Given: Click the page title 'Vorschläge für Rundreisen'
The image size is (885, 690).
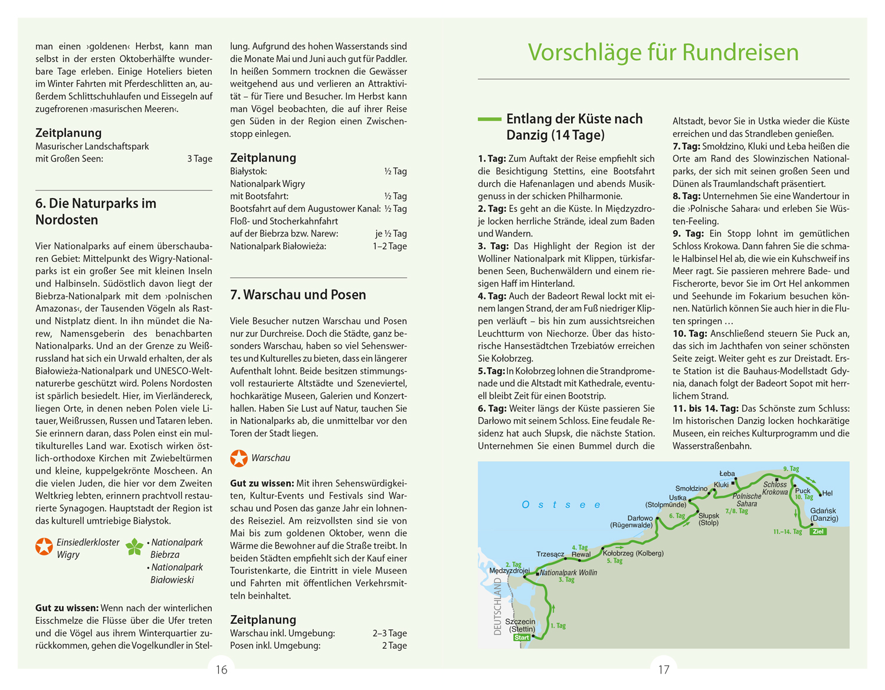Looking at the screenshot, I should click(x=663, y=52).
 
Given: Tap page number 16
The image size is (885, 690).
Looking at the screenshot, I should click(x=221, y=670).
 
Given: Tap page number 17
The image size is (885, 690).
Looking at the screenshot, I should click(x=664, y=670).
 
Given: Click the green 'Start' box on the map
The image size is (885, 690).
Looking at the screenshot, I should click(x=522, y=638).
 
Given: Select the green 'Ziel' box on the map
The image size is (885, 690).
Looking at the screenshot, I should click(x=818, y=531).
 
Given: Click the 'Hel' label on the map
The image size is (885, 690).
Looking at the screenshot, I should click(x=827, y=493).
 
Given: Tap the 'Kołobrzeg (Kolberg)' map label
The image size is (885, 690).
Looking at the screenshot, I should click(x=633, y=553).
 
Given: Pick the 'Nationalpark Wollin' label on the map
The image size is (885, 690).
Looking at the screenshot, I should click(x=569, y=573).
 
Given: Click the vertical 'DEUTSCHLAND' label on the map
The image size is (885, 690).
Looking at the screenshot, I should click(x=497, y=606).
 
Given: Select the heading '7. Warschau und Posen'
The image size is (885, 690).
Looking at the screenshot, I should click(x=298, y=295).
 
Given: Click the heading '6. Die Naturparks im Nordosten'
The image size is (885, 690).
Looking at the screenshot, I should click(x=96, y=212).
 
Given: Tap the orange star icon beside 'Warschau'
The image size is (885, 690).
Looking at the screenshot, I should click(x=239, y=458).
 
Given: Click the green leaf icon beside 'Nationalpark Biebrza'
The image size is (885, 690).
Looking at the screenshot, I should click(x=135, y=547).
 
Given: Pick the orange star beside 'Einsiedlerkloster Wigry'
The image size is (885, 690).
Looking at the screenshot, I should click(x=44, y=547).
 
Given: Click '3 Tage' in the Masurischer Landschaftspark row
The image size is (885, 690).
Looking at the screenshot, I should click(x=199, y=159).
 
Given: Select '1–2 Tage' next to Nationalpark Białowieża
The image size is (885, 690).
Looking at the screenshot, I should click(x=389, y=247).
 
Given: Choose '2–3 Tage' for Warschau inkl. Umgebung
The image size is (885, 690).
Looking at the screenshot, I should click(x=389, y=633).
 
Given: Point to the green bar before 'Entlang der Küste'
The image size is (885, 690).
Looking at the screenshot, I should click(x=489, y=119).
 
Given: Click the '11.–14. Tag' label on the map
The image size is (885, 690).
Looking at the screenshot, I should click(x=788, y=532).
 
